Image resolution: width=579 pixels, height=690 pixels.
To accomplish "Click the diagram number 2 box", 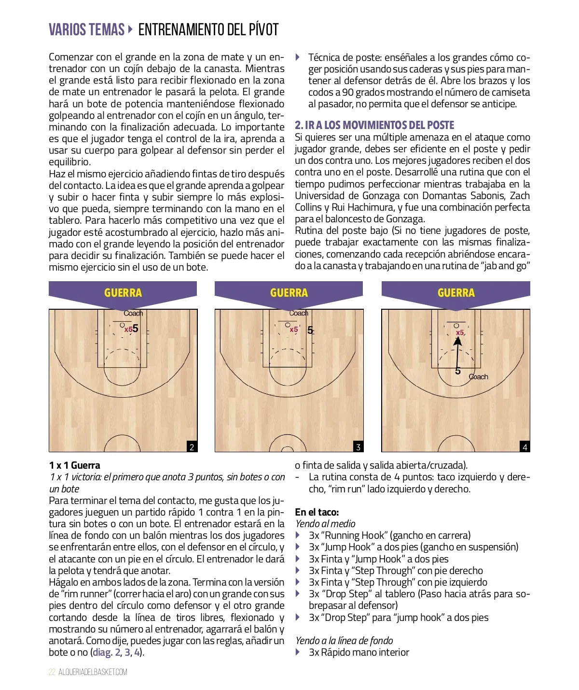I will pos(192,447).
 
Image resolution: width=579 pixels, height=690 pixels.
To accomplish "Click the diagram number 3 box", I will pos(358,447).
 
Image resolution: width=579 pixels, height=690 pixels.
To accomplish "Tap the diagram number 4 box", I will pos(525,447).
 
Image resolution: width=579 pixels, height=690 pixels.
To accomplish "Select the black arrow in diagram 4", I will pos(457,353).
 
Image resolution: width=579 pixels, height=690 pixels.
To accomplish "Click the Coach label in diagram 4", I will pos(479,377).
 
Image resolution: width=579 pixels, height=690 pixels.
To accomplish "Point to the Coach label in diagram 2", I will pos(133,313).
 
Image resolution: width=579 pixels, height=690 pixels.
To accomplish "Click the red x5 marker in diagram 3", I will pos(294,330).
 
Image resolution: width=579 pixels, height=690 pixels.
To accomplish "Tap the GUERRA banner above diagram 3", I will pos(289,293).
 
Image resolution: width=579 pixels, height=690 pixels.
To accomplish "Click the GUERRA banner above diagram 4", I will pos(456,293).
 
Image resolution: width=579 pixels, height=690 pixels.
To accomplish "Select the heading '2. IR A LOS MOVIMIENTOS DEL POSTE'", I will pos(374,126).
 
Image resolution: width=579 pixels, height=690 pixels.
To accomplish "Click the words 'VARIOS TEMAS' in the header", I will pos(87,30).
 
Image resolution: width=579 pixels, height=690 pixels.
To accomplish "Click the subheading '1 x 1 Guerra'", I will pos(75,465).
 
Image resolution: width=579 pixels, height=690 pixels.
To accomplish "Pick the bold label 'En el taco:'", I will pos(317,512).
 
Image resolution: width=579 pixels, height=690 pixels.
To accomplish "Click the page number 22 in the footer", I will pos(52,672).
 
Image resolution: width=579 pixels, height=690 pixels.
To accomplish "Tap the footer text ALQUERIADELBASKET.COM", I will pos(93,672).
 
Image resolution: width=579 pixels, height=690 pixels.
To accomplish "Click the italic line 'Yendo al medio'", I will pos(325,524).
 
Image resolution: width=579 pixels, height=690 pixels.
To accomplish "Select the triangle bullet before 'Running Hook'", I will pos(298,535).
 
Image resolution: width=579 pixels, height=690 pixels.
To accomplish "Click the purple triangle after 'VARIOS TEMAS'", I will pos(130,29).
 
